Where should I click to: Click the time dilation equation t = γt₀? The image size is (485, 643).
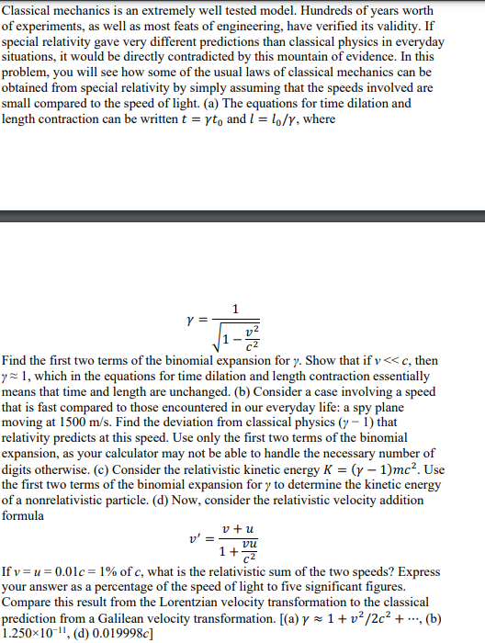(199, 119)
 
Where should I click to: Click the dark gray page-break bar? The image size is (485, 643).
(242, 217)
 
